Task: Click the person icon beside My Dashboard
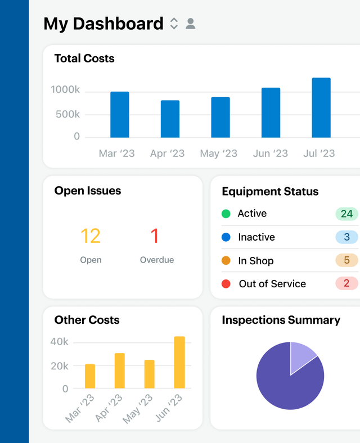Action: coord(191,24)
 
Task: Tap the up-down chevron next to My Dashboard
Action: coord(174,24)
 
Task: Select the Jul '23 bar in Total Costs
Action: coord(321,108)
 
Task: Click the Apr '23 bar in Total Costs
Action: coord(170,119)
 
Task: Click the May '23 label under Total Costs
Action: coord(218,153)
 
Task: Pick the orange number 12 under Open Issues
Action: coord(91,236)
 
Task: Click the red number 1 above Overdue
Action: coord(155,236)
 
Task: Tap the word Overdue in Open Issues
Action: coord(157,260)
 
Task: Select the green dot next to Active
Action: coord(226,214)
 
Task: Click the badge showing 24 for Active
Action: coord(346,214)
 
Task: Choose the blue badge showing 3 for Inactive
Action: coord(346,237)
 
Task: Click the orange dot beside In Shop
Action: coord(226,261)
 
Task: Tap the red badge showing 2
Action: coord(346,283)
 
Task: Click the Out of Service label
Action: coord(272,284)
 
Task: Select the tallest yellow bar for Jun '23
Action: coord(179,363)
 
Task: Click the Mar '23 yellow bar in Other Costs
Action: coord(90,376)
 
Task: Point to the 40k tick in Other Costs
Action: coord(59,342)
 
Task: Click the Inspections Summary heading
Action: coord(281,320)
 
